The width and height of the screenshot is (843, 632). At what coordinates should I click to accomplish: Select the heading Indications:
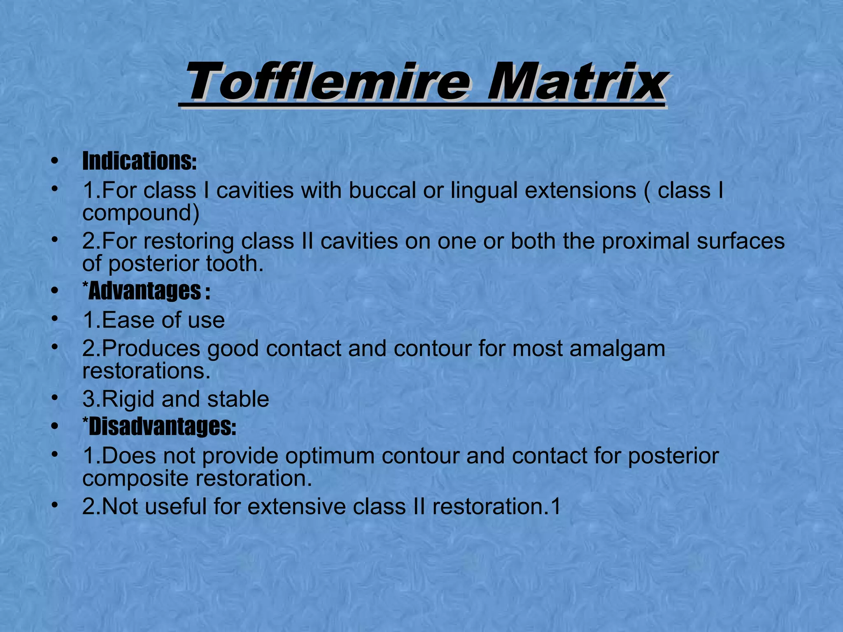(x=140, y=161)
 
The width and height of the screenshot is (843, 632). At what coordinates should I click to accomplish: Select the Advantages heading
(x=146, y=291)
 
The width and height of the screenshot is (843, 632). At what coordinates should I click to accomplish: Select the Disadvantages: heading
(x=160, y=427)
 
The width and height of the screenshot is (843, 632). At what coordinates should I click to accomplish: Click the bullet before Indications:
(x=54, y=161)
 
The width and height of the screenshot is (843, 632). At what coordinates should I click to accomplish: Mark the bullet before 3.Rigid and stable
(x=54, y=399)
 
